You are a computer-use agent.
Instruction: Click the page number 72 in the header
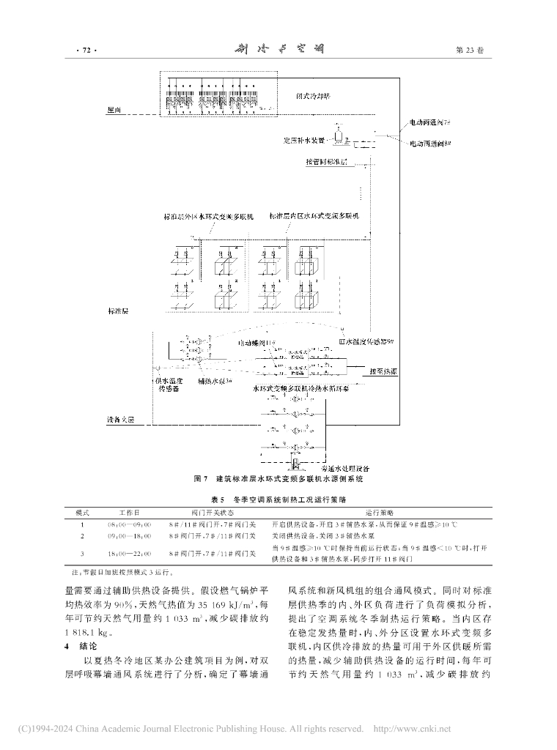86,51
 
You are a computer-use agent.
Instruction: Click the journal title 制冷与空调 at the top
278,50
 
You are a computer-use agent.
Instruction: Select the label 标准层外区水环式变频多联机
208,218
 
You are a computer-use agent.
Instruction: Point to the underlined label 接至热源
383,372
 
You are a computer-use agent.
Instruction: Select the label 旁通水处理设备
345,467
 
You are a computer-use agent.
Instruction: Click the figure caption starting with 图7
278,478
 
